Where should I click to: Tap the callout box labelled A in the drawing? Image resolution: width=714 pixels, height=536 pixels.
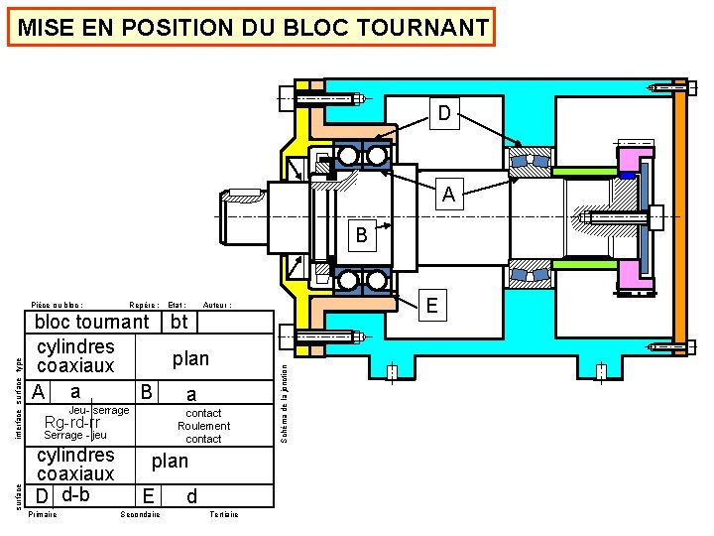(448, 195)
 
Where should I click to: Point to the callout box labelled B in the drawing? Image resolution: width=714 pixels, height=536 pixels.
(361, 236)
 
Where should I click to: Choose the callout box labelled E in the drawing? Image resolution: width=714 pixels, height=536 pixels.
(431, 305)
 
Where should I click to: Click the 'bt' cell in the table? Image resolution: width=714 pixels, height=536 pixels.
(178, 321)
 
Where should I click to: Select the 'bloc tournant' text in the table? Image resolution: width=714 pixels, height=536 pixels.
(91, 322)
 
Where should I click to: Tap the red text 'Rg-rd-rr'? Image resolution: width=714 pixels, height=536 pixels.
(72, 424)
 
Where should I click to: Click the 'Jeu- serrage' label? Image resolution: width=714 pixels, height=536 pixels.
(99, 410)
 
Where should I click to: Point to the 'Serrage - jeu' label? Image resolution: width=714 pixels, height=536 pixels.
(76, 436)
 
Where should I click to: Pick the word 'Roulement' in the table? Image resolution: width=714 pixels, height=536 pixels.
(203, 426)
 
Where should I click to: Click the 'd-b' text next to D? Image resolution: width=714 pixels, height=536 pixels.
(75, 494)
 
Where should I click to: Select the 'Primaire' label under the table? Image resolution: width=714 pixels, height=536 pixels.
(44, 514)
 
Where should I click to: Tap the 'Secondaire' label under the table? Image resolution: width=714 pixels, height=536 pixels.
(140, 514)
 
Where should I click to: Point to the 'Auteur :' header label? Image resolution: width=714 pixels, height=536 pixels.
(217, 305)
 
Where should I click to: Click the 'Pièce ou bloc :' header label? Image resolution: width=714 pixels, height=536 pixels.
(58, 305)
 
